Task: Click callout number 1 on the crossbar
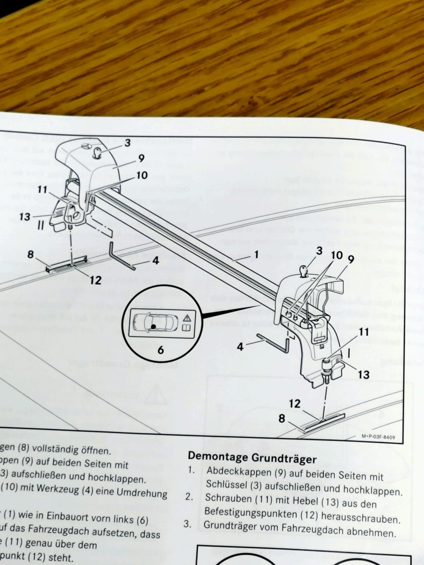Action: (x=257, y=255)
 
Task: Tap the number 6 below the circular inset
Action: (x=160, y=350)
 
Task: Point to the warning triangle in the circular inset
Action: (x=187, y=317)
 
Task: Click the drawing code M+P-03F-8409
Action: (x=378, y=437)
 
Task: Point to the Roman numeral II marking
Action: (x=41, y=225)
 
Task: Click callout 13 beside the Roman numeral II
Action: (x=25, y=216)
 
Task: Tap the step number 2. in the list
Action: (x=189, y=497)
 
